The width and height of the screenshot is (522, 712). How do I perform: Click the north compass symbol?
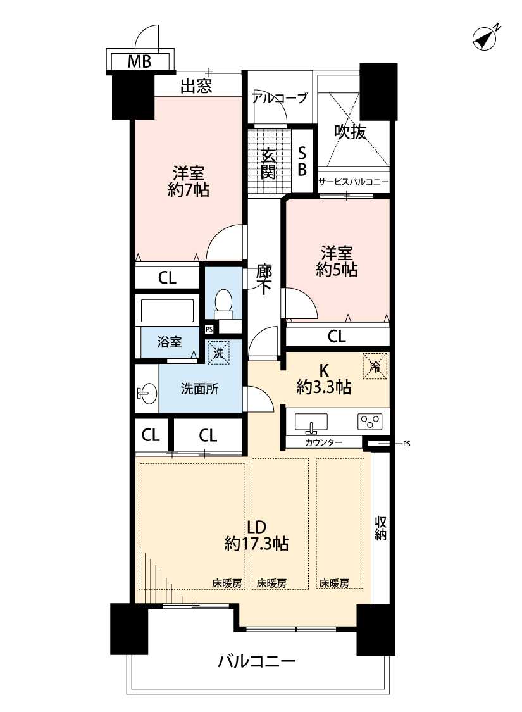[485, 37]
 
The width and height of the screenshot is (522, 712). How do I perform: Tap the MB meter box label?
[139, 61]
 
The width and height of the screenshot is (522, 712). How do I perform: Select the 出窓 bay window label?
[196, 86]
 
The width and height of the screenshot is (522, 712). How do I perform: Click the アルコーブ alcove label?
[280, 97]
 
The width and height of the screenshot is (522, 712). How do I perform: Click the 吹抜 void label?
[350, 132]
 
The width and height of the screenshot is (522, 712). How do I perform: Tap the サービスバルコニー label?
[353, 182]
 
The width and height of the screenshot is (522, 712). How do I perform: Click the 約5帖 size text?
[337, 270]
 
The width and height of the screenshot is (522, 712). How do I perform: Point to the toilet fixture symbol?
[223, 304]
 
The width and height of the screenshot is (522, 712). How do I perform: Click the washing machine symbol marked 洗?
[219, 353]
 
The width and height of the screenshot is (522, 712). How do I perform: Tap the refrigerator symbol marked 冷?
[375, 366]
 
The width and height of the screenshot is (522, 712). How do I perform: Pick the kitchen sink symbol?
[311, 422]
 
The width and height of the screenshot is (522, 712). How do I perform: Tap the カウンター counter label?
[324, 442]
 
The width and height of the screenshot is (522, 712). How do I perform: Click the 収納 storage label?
[380, 528]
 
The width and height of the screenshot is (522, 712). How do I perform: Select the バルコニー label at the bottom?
[256, 661]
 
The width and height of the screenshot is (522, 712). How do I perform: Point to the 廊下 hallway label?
[264, 279]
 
